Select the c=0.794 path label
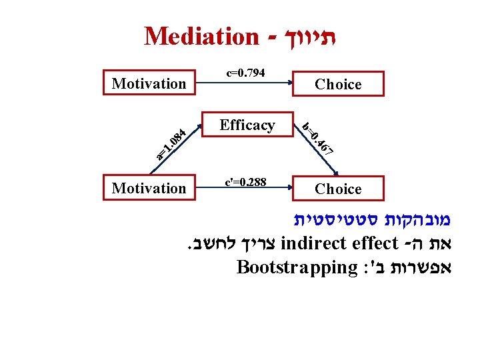pos(246,71)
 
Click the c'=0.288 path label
pos(246,181)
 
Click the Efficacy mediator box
pos(247,125)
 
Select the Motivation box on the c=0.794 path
pos(149,83)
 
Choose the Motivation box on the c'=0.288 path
pos(149,189)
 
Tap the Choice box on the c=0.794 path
pos(338,84)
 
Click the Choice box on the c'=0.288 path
pos(338,189)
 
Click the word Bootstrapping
pos(297,267)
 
